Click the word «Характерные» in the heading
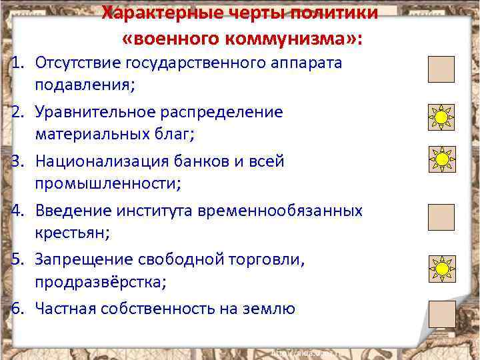159,13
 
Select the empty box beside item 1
441,69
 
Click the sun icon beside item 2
441,118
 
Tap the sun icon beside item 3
441,160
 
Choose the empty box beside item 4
441,217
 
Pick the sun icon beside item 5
441,268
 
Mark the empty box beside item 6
441,314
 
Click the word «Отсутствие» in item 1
77,63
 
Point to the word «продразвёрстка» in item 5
99,281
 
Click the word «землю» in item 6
269,309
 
